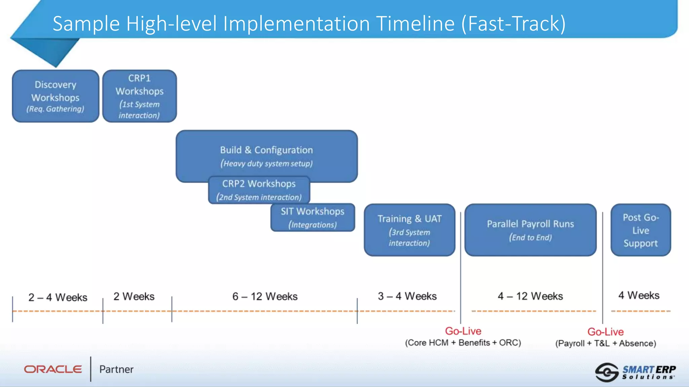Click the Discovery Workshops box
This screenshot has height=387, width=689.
[56, 96]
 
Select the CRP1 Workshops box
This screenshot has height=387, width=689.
[139, 96]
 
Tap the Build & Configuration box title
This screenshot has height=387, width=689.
[266, 150]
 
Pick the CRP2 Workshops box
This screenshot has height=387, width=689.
[259, 190]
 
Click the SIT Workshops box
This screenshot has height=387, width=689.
[313, 217]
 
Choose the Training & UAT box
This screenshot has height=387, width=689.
[409, 230]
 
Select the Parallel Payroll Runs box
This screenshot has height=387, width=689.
[530, 230]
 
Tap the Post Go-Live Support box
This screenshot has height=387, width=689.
[641, 230]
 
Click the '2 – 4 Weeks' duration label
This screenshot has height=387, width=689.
[58, 297]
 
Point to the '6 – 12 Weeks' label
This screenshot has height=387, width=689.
[265, 296]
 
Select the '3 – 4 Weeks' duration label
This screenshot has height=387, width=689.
[407, 296]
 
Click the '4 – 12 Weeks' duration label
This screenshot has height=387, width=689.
[530, 296]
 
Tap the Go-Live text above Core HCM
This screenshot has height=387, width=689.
[463, 331]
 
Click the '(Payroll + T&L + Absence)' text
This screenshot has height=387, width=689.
[606, 343]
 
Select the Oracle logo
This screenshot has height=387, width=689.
[53, 369]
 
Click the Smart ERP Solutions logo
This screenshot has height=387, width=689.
[635, 372]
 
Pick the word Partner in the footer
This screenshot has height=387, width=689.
[116, 369]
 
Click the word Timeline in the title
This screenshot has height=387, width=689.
[415, 24]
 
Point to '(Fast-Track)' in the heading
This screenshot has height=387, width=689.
[513, 24]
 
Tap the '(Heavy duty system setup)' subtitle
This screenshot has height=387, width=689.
[266, 164]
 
